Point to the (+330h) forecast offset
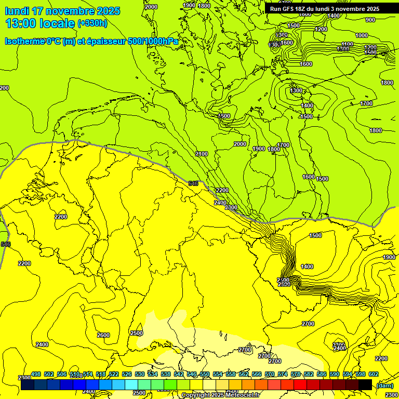coord(92,23)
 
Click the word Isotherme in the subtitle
coord(23,42)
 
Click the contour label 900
coord(370,20)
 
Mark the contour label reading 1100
coord(348,44)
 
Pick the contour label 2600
coord(103,335)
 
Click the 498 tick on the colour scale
coord(36,374)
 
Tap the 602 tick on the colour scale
coord(374,374)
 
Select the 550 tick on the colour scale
coord(205,374)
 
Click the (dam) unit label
coord(385,385)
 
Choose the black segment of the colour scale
coord(365,385)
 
